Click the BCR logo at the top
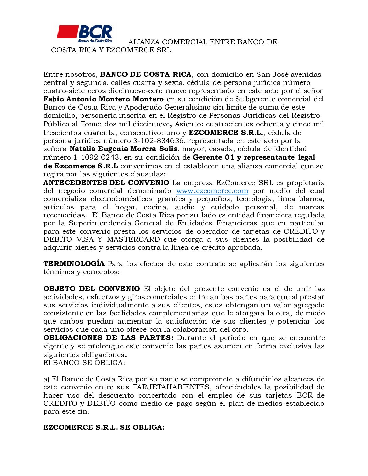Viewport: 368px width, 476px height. (85, 33)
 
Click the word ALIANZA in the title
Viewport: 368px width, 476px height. (144, 42)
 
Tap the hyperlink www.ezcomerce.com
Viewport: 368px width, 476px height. (212, 191)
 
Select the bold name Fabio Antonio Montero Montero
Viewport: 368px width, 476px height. (103, 99)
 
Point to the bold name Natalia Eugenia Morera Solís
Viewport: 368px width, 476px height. (123, 149)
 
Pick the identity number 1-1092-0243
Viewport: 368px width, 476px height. (96, 157)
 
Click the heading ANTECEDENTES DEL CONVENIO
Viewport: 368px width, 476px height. (106, 183)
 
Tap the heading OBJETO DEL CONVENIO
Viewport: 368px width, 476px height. (91, 289)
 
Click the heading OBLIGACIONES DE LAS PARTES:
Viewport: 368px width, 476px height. (108, 338)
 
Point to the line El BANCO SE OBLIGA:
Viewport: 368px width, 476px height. (84, 363)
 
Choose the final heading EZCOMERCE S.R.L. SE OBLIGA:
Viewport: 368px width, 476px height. (104, 427)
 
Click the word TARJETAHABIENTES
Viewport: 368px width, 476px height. (171, 387)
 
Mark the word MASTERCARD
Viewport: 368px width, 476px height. (133, 239)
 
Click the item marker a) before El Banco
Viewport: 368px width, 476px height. (46, 379)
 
